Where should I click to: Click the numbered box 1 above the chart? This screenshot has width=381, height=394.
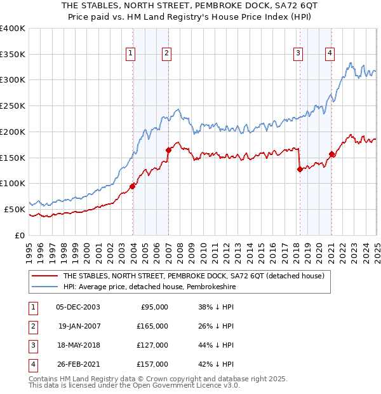pyautogui.click(x=130, y=54)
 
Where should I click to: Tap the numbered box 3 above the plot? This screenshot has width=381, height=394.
pyautogui.click(x=297, y=54)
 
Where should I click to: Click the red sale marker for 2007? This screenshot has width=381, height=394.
pyautogui.click(x=169, y=150)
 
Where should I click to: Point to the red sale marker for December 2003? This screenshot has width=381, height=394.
pyautogui.click(x=133, y=186)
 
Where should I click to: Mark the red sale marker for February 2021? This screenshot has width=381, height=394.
pyautogui.click(x=332, y=154)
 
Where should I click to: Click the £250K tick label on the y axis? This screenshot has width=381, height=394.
pyautogui.click(x=13, y=105)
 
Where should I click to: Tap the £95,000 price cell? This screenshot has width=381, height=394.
pyautogui.click(x=154, y=307)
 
